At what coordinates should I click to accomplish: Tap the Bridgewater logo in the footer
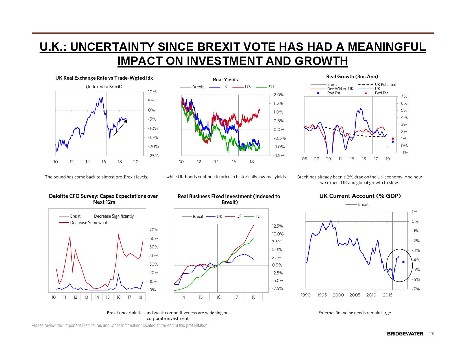405,334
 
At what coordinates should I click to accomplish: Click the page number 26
431,334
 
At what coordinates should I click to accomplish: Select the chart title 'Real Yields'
225,80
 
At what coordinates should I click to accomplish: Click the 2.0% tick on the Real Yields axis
278,95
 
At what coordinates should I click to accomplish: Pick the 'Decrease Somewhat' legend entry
88,222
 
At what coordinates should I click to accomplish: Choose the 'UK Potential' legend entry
385,84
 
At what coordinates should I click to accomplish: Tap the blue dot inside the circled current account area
403,262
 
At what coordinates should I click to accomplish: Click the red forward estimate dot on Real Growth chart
393,138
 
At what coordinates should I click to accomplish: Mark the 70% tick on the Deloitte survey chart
154,230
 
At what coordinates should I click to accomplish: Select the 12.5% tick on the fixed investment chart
277,226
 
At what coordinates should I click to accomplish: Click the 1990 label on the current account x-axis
305,295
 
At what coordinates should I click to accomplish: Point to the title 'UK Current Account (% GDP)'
360,196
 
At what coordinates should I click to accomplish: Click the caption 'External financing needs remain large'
354,313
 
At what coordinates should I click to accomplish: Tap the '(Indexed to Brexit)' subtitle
104,87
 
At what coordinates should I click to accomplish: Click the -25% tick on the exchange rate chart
153,156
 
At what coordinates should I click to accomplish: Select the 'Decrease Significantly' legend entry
114,216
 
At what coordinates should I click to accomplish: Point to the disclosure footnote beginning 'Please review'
120,325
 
